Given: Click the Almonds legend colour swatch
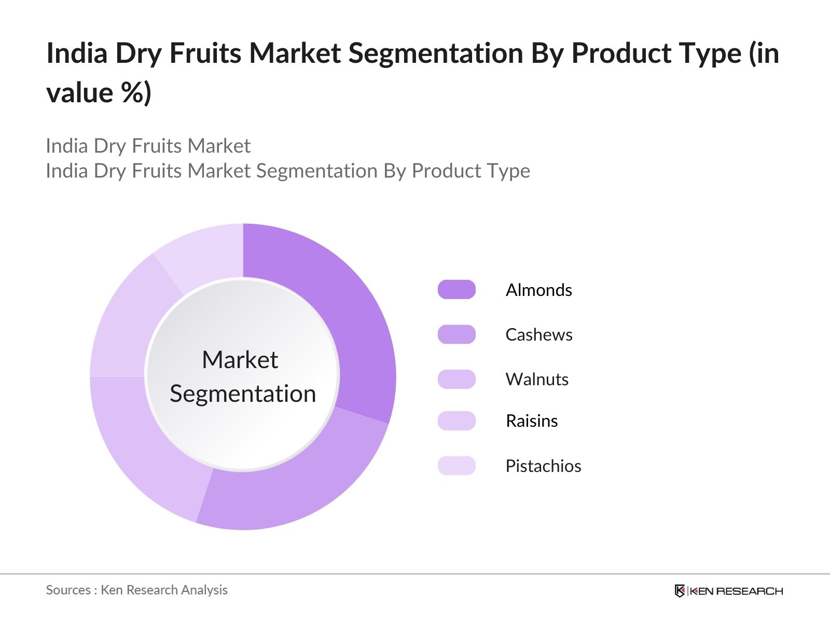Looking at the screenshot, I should pos(457,290).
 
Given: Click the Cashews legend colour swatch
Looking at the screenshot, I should pos(457,334).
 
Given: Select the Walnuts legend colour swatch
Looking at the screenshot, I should pos(457,379).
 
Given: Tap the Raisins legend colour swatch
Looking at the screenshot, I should pos(457,421).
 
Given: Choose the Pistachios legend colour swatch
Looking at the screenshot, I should pos(457,466).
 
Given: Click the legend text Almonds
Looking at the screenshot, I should pos(538,290).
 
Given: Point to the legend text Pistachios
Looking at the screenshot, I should pos(543,466).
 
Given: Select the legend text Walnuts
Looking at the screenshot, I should pos(537,379).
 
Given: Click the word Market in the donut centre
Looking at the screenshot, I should pos(240,360).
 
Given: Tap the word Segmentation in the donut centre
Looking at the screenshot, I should pos(243,394).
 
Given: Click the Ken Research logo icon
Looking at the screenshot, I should pos(680,591).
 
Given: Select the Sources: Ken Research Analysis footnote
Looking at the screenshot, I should pos(136,590).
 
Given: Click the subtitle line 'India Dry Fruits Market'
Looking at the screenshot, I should pos(148,146).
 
